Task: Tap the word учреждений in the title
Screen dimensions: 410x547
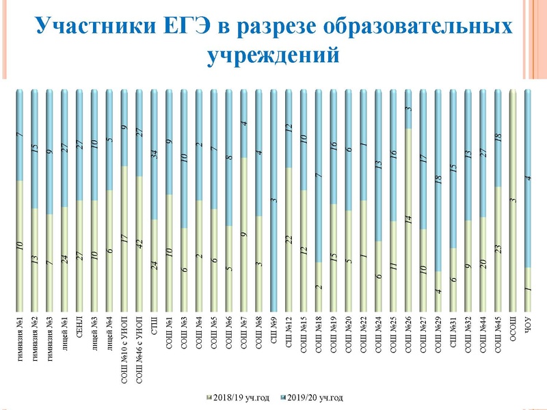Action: coord(273,53)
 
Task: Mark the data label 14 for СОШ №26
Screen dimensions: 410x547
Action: coord(408,220)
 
